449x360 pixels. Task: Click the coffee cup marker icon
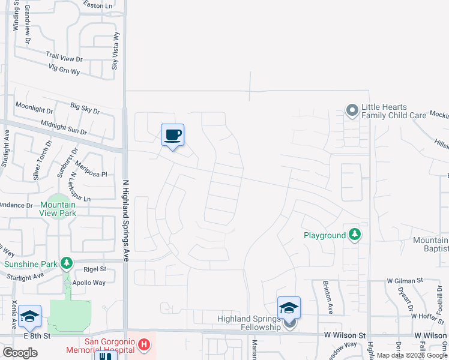172,135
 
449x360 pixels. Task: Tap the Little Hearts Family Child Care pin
352,110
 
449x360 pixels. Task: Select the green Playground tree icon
355,235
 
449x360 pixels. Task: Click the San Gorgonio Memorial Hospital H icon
144,345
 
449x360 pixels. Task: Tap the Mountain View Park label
58,209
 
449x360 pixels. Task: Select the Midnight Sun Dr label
64,127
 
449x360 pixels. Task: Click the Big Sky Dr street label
85,109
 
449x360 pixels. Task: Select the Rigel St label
95,269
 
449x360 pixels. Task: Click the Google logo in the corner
20,352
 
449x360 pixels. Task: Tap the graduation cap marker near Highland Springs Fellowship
289,308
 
